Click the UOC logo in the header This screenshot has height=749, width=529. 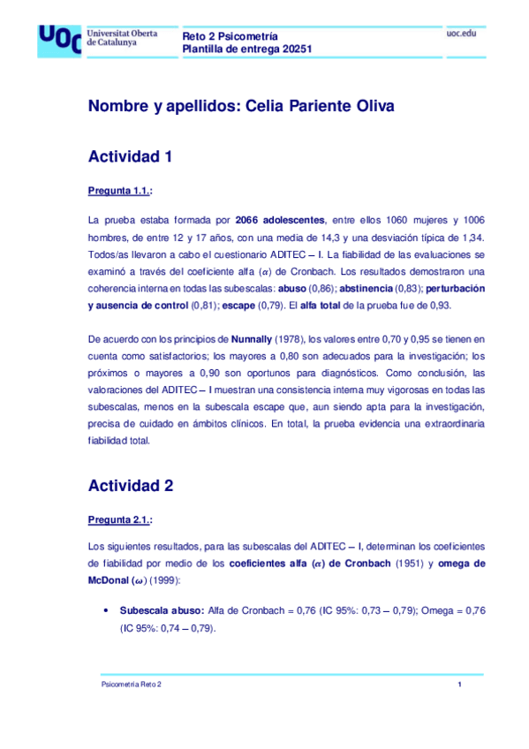[x=58, y=41]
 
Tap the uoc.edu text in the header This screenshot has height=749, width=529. [x=465, y=34]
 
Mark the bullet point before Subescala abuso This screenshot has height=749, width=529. [x=107, y=611]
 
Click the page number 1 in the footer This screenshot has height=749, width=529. [x=460, y=685]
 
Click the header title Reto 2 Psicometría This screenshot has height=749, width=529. [x=230, y=36]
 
